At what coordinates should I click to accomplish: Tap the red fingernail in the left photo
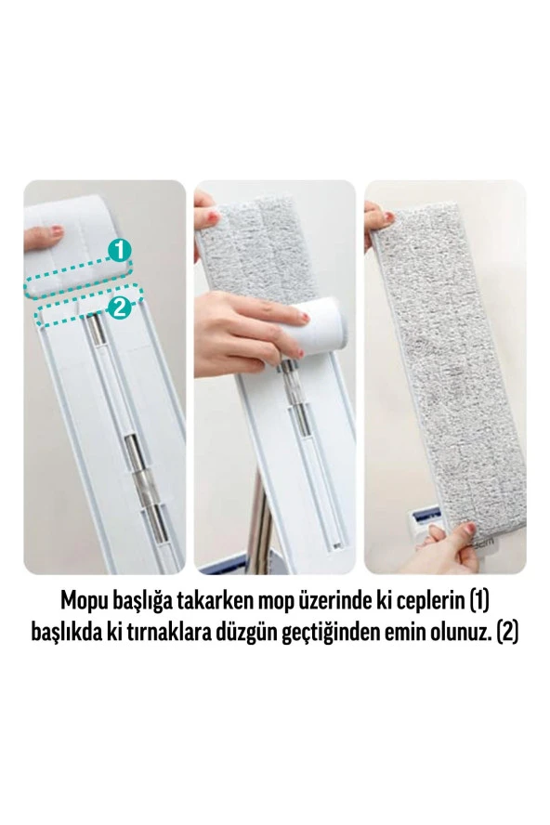[x=44, y=226]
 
